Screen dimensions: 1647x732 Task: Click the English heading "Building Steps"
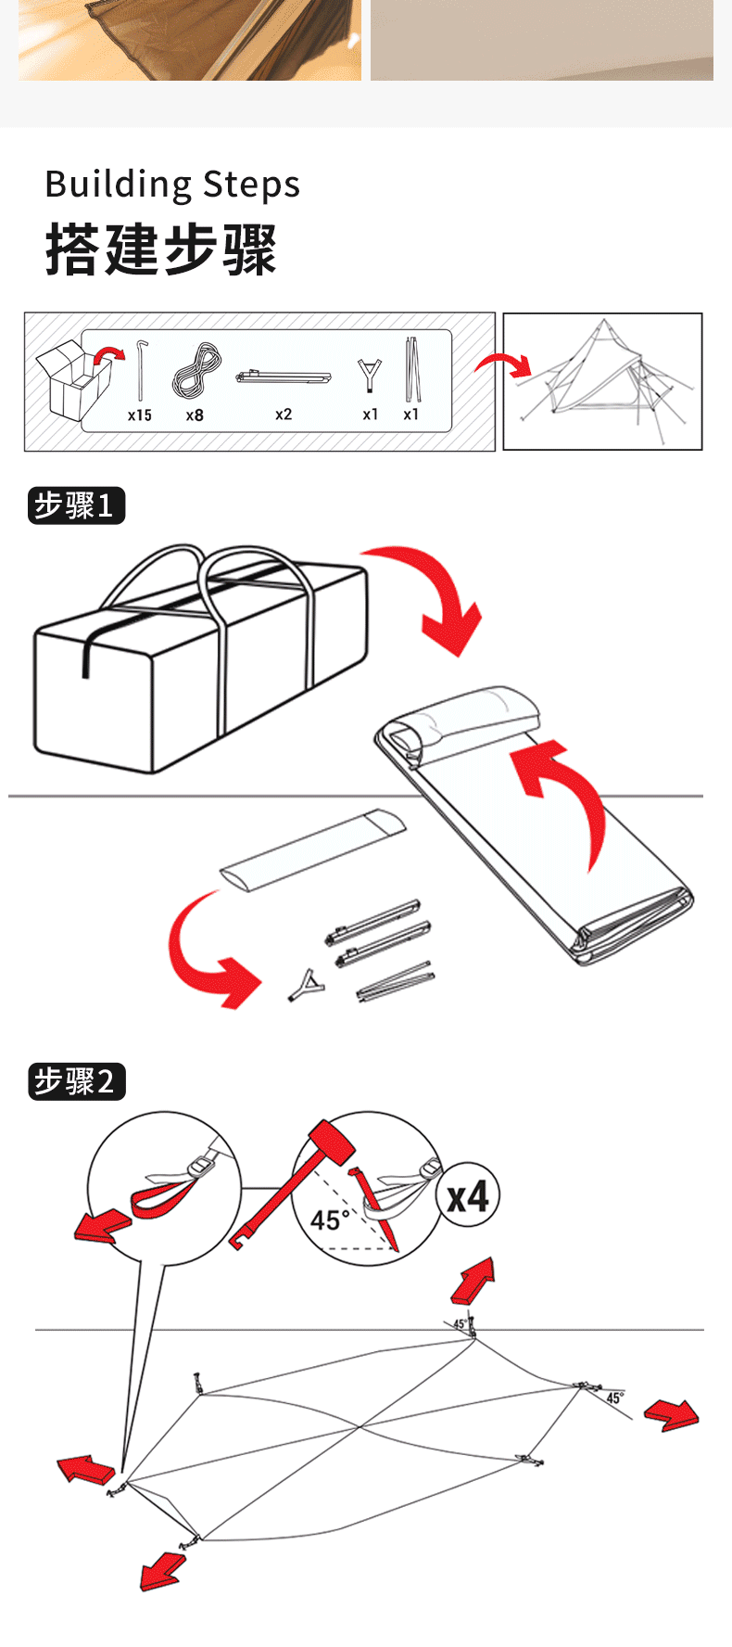pos(172,184)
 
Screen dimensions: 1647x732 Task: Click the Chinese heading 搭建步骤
pos(161,249)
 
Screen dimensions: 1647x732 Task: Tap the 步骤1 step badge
pos(76,505)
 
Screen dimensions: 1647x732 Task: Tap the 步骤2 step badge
pos(76,1081)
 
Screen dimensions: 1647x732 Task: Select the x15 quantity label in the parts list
pos(140,415)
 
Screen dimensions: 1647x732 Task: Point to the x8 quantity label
pos(195,415)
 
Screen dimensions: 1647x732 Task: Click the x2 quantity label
pos(284,415)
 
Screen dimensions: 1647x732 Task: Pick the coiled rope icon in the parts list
pos(196,371)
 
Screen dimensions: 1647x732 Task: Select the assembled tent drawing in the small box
pos(602,381)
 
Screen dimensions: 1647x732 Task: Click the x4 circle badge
pos(468,1196)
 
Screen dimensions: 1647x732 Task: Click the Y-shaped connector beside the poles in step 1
pos(307,985)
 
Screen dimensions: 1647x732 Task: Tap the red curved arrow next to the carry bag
pos(435,594)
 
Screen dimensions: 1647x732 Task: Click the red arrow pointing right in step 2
pos(673,1414)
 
